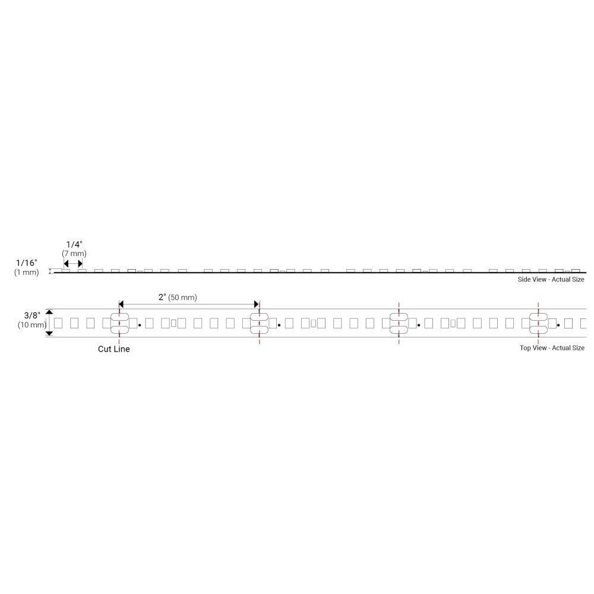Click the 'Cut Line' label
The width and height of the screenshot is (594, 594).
click(x=113, y=349)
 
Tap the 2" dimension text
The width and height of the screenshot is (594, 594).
click(x=162, y=297)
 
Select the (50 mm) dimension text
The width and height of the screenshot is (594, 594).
click(x=182, y=298)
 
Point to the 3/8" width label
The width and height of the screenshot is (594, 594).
click(x=32, y=315)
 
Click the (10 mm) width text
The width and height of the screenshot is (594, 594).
click(x=32, y=325)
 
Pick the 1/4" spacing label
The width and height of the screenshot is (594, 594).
click(x=74, y=244)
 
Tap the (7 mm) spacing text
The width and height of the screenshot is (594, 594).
click(x=74, y=254)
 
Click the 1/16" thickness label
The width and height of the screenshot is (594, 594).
click(x=27, y=263)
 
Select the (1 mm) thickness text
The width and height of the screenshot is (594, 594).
click(x=27, y=272)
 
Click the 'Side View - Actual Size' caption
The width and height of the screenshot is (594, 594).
click(x=551, y=279)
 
